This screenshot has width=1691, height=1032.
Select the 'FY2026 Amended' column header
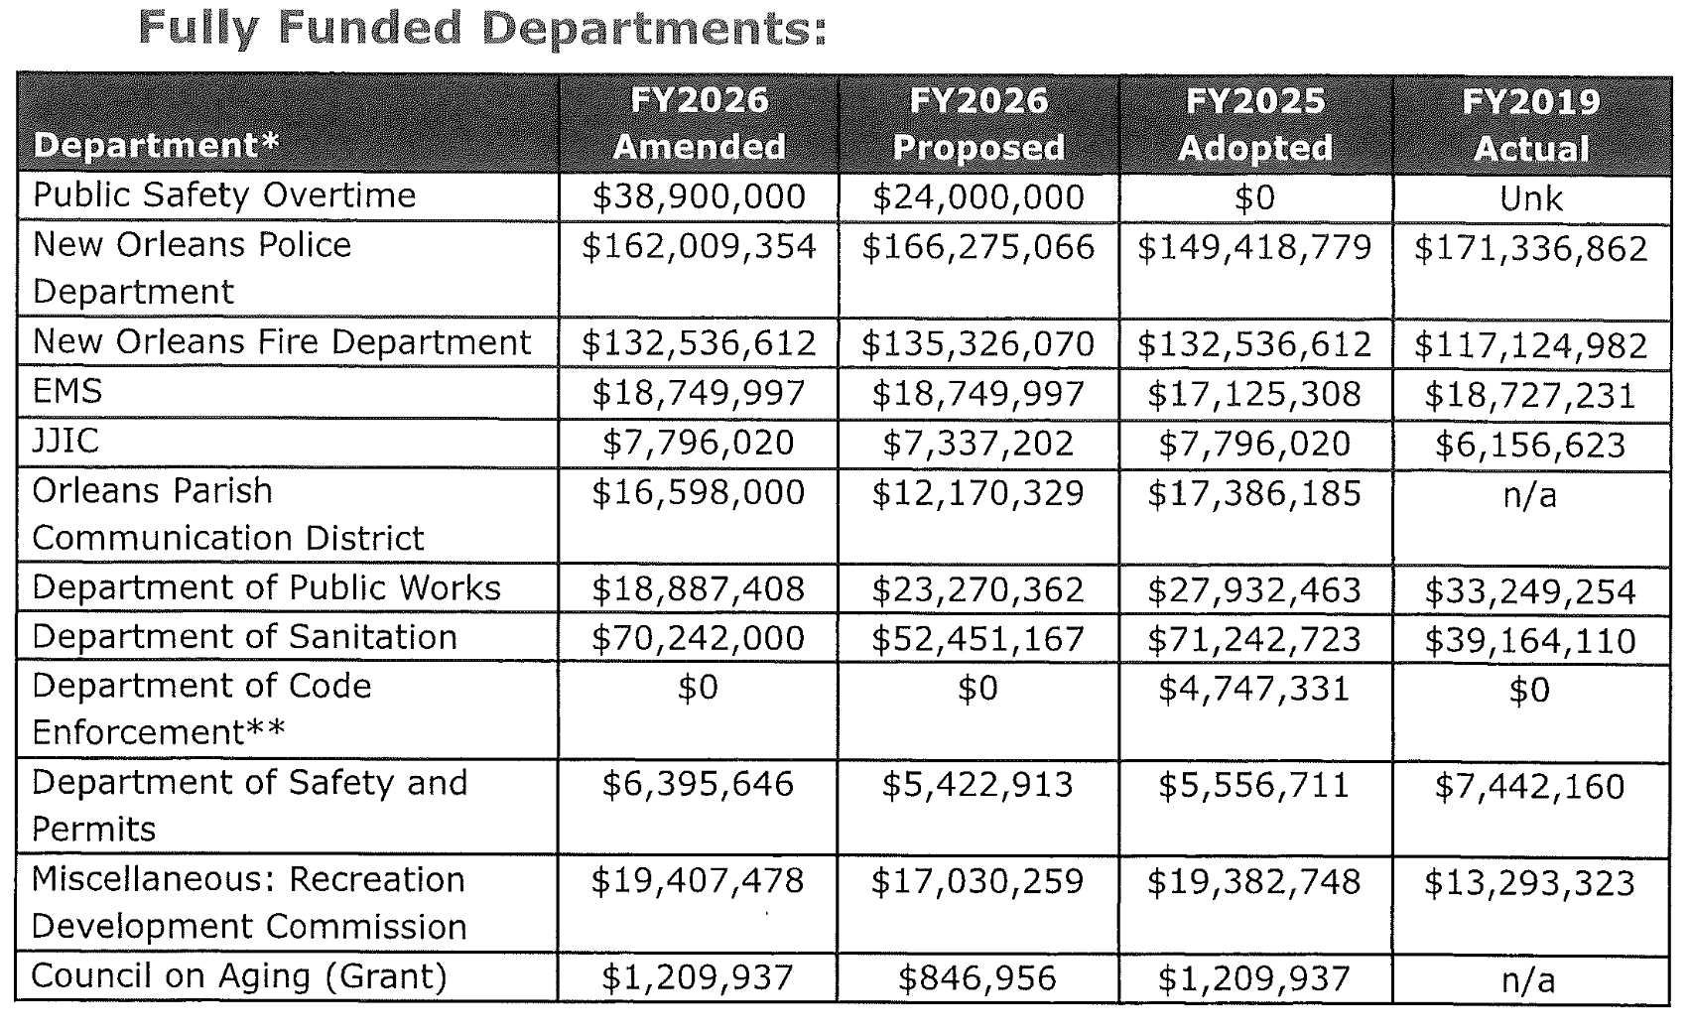click(699, 124)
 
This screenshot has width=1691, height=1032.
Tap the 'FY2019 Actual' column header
click(1531, 125)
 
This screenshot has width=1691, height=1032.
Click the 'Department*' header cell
click(157, 146)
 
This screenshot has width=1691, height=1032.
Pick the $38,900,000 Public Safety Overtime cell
click(699, 196)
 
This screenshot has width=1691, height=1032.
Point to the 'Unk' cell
click(1530, 198)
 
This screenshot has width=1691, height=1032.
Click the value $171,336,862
click(1530, 248)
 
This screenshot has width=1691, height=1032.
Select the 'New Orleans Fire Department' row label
click(282, 342)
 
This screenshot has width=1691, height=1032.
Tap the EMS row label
click(67, 392)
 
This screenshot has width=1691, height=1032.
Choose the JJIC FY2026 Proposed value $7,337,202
click(977, 443)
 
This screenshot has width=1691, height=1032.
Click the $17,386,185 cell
click(1254, 493)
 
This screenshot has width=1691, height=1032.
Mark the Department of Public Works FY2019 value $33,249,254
click(1530, 591)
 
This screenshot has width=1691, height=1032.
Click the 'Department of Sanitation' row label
click(244, 637)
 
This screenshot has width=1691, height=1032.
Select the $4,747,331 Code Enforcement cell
click(1254, 688)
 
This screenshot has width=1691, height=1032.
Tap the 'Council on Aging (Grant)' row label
click(239, 976)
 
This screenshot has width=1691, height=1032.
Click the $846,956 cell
click(977, 979)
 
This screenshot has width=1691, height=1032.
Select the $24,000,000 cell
click(977, 196)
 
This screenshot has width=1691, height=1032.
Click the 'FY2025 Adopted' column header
click(1255, 124)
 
